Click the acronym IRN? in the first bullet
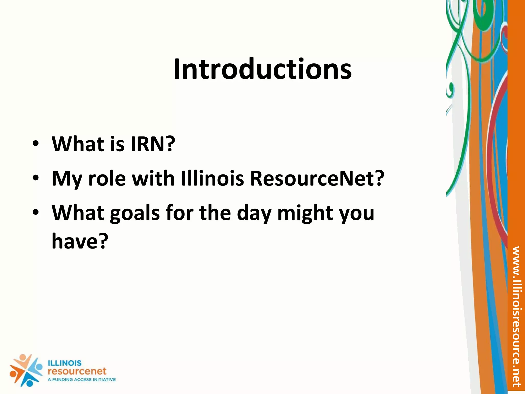pos(153,144)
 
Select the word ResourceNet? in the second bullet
pos(317,179)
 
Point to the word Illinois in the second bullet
pos(213,179)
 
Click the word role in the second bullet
pos(107,179)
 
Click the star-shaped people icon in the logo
pos(26,370)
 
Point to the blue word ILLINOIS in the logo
pos(65,363)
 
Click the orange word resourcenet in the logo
pos(77,371)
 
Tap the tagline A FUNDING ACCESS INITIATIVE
pos(82,380)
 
